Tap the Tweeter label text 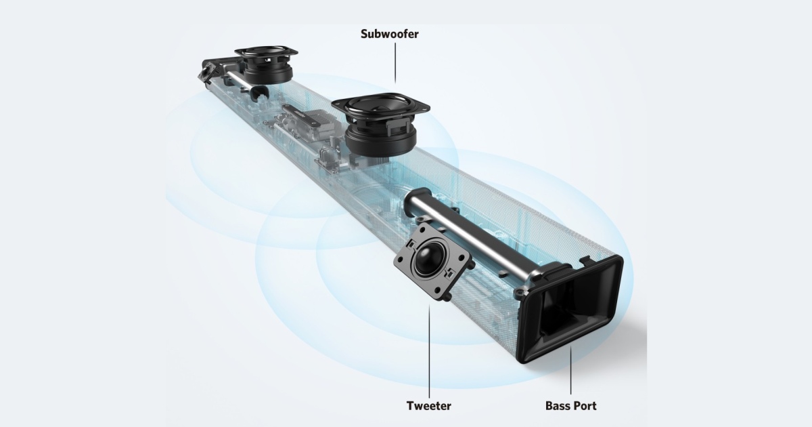tap(428, 406)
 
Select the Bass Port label tap(570, 406)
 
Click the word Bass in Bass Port tap(558, 406)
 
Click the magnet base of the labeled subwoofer tap(379, 142)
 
